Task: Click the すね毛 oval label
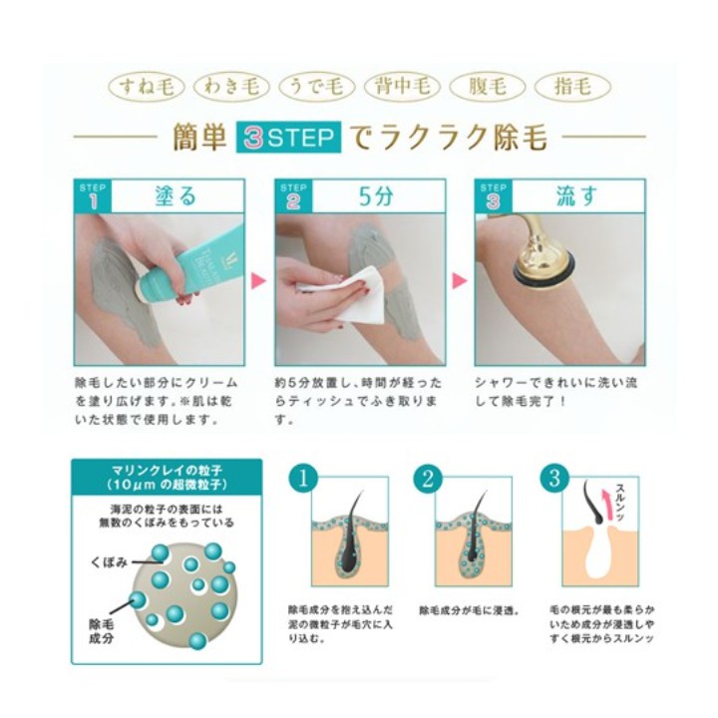pyautogui.click(x=147, y=87)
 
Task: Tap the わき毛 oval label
pyautogui.click(x=231, y=87)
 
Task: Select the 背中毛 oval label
pyautogui.click(x=403, y=87)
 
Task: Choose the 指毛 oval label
pyautogui.click(x=572, y=87)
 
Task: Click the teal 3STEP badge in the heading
pyautogui.click(x=288, y=137)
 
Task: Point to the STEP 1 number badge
pyautogui.click(x=93, y=196)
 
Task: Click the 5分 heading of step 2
pyautogui.click(x=376, y=196)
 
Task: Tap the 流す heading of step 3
pyautogui.click(x=576, y=196)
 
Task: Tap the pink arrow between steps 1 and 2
pyautogui.click(x=258, y=280)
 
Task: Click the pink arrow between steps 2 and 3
pyautogui.click(x=460, y=280)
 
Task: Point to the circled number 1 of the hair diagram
pyautogui.click(x=303, y=479)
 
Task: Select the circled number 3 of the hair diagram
pyautogui.click(x=554, y=479)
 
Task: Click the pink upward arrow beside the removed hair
pyautogui.click(x=607, y=505)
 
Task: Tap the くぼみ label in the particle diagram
pyautogui.click(x=109, y=562)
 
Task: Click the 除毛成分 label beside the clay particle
pyautogui.click(x=101, y=631)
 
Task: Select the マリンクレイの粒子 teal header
pyautogui.click(x=167, y=477)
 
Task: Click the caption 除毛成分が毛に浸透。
pyautogui.click(x=469, y=611)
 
